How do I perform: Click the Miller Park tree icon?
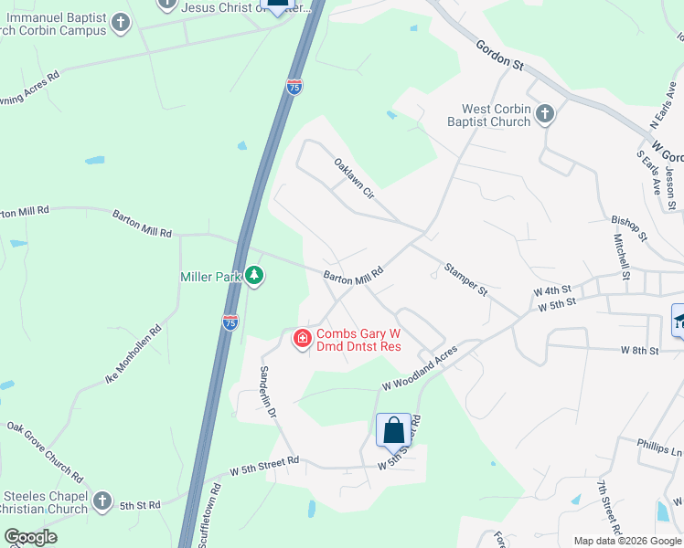pyautogui.click(x=254, y=275)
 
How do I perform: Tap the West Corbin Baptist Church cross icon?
pyautogui.click(x=545, y=114)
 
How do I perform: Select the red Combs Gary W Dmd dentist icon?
pyautogui.click(x=301, y=339)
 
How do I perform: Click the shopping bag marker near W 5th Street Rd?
pyautogui.click(x=393, y=430)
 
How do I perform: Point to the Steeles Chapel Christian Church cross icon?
pyautogui.click(x=102, y=501)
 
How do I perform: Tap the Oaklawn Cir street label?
pyautogui.click(x=355, y=179)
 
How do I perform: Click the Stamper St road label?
pyautogui.click(x=465, y=279)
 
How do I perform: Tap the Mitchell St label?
pyautogui.click(x=621, y=255)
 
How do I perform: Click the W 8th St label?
pyautogui.click(x=639, y=350)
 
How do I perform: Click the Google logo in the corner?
pyautogui.click(x=30, y=537)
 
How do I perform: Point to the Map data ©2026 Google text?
pyautogui.click(x=626, y=541)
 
